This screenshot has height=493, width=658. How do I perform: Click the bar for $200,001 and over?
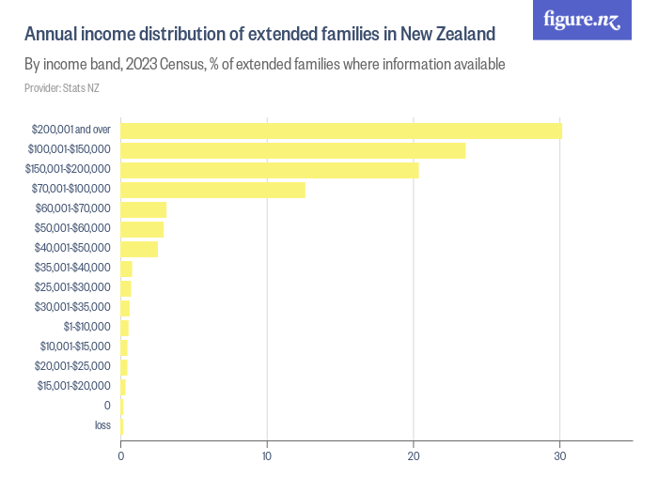[341, 131]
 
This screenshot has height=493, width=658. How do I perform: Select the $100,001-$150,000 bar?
[293, 150]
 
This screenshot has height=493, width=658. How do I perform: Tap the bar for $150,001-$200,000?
[270, 170]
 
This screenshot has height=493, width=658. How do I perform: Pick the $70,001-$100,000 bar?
[213, 190]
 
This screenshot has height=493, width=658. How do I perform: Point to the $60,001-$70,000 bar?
[144, 209]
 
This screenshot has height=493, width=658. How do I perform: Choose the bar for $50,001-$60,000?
[142, 229]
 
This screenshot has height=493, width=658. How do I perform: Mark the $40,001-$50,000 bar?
[139, 249]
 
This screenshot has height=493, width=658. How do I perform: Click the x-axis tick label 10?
[267, 456]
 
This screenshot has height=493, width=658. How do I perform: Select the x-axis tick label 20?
[414, 456]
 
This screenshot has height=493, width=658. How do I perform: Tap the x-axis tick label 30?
[560, 456]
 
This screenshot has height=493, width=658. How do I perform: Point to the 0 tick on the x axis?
[121, 456]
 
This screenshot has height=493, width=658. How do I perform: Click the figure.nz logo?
[582, 20]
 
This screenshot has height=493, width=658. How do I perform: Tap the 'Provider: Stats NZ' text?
[62, 88]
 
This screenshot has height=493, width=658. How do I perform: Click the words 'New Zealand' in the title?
[446, 35]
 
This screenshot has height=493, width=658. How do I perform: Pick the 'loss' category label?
[102, 425]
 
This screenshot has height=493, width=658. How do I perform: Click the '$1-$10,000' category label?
[86, 327]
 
